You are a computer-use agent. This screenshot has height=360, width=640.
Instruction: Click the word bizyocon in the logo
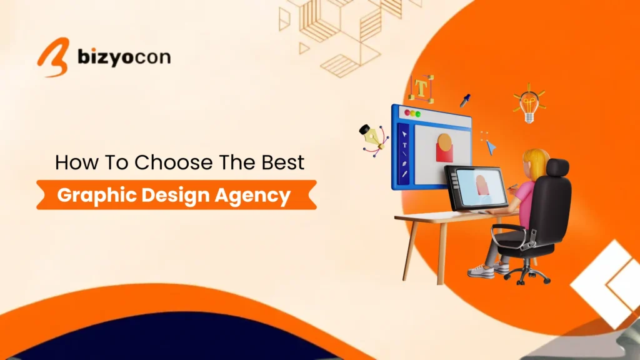(124, 57)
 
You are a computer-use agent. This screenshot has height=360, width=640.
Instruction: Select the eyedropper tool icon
(465, 100)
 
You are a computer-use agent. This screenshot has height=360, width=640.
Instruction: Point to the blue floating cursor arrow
(491, 147)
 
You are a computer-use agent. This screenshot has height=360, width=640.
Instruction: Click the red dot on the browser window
(407, 113)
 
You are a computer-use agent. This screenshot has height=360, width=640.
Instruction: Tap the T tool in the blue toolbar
(404, 145)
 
